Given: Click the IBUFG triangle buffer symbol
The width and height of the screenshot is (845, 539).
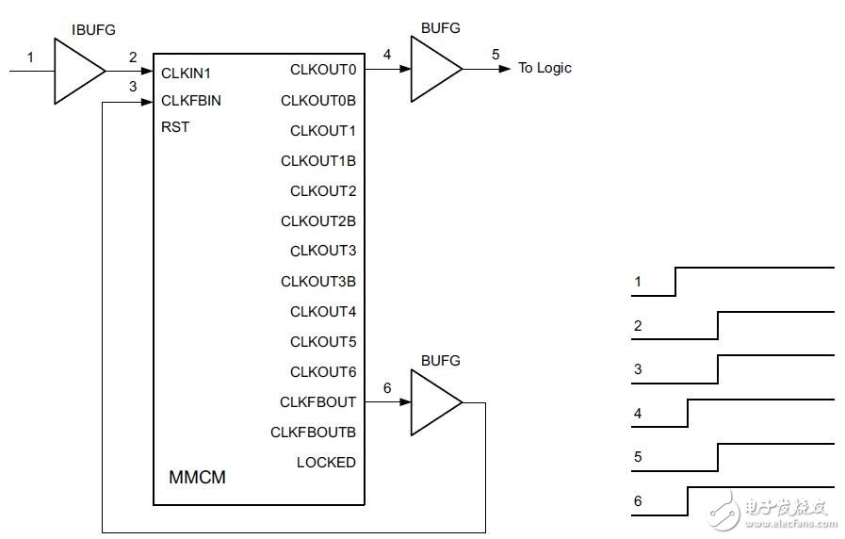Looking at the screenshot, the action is (79, 72).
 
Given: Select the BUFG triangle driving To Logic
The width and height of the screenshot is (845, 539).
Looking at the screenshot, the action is (435, 69).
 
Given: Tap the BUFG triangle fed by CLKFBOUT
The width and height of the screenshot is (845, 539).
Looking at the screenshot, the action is (435, 402).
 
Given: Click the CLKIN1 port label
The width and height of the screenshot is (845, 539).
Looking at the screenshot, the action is (186, 73).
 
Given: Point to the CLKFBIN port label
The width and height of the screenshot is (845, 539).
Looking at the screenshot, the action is (191, 101).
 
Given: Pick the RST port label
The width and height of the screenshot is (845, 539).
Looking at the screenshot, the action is (175, 127).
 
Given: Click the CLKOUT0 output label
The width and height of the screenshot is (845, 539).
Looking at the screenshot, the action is (323, 70).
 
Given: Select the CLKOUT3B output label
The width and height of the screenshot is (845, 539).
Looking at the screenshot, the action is (318, 282).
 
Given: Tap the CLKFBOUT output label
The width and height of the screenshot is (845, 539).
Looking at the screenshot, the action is (317, 402).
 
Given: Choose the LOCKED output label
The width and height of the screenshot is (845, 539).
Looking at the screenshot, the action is (326, 463).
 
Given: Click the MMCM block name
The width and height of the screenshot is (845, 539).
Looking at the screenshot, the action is (197, 477).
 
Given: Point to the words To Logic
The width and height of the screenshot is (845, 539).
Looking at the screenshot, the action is (544, 69).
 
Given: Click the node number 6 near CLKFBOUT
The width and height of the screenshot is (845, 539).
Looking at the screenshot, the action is (387, 388).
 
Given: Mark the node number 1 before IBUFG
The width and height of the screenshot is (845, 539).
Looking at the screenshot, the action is (30, 57).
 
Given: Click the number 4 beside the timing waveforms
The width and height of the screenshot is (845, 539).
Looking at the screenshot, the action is (638, 414).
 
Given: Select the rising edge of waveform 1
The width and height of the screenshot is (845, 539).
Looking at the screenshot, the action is (675, 282).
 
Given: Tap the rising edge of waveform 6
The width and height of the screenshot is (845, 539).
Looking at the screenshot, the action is (688, 501).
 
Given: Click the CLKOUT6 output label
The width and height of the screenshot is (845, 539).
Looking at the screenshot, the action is (323, 372).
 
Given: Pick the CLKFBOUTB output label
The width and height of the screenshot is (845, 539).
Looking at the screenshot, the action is (313, 433).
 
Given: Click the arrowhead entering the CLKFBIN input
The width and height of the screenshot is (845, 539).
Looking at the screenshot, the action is (147, 102).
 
